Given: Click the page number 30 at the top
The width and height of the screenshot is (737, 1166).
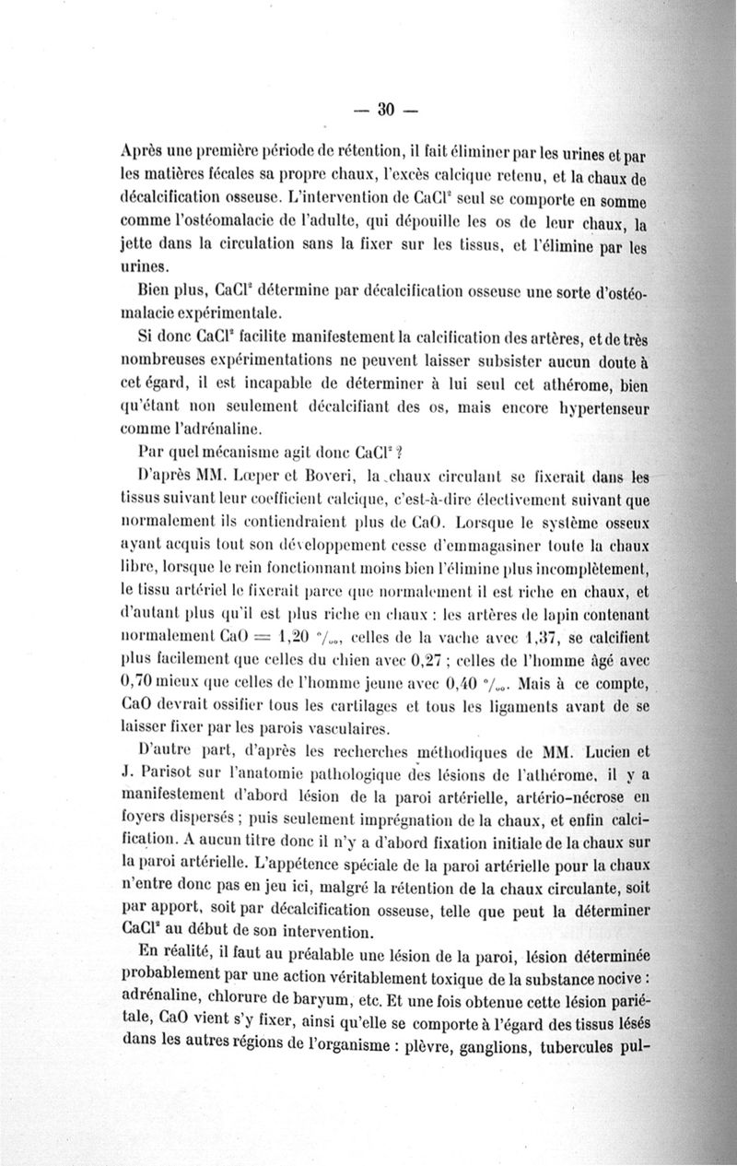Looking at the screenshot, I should point(385,110).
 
